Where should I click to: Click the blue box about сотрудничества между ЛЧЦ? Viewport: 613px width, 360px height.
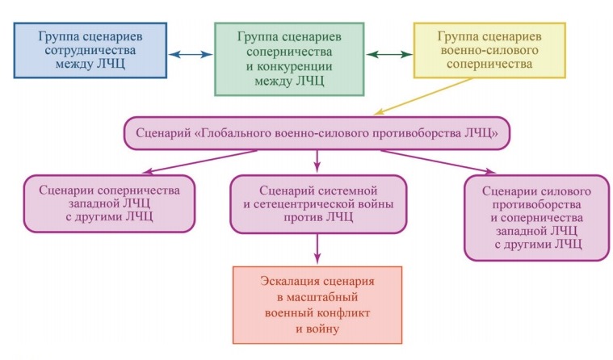(90, 50)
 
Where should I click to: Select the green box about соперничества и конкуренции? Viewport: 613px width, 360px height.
(289, 59)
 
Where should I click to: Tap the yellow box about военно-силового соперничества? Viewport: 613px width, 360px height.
(489, 50)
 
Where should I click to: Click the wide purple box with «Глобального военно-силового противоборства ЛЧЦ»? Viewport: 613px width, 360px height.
(317, 133)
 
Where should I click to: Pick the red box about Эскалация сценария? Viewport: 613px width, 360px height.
(317, 305)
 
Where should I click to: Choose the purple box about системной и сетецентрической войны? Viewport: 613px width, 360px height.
(318, 204)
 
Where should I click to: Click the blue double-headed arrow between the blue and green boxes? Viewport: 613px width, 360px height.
(191, 54)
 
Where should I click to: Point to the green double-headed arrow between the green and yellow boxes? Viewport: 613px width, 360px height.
(389, 54)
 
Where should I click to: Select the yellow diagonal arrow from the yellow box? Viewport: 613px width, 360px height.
(422, 97)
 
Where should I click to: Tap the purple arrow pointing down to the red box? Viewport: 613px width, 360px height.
(317, 249)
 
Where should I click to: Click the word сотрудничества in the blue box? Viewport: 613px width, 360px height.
(90, 50)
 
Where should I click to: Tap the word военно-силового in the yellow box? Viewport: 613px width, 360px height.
(489, 50)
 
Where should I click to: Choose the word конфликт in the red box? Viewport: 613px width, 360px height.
(343, 313)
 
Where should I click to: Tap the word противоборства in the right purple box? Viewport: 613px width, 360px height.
(536, 205)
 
